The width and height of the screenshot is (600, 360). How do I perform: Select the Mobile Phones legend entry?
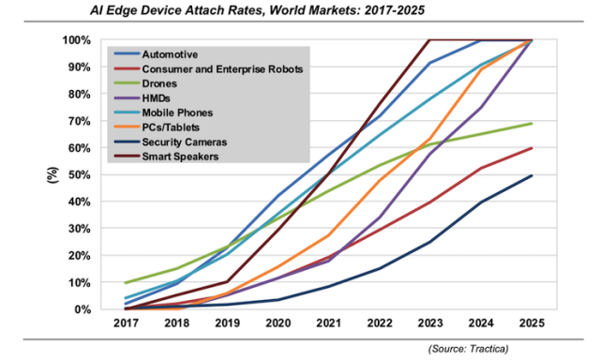coord(174,112)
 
